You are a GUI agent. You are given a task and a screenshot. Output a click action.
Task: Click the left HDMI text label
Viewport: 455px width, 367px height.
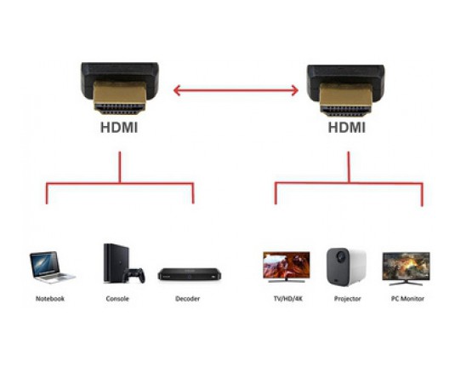(119, 128)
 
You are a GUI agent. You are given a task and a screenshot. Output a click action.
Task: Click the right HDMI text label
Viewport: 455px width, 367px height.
(346, 128)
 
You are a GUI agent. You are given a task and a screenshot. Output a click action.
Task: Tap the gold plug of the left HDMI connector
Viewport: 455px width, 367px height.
(120, 98)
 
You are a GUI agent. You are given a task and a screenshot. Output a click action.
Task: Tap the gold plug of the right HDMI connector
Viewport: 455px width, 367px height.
(346, 100)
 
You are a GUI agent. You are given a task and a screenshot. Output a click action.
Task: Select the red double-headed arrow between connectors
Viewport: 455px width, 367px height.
(236, 90)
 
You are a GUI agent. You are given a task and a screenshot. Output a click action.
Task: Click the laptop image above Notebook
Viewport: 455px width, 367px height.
(52, 267)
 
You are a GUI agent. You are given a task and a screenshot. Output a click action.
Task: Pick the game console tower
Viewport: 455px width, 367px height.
(116, 263)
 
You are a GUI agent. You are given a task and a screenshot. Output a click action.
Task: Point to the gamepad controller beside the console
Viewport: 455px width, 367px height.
(134, 276)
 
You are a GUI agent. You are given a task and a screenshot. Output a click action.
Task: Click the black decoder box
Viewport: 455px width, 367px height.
(189, 274)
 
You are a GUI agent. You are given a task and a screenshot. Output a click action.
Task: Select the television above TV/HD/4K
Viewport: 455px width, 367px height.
(287, 267)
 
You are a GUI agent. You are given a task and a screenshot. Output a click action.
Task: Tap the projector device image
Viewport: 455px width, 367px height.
(346, 267)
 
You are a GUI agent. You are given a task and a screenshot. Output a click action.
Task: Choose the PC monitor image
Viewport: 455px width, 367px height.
(407, 269)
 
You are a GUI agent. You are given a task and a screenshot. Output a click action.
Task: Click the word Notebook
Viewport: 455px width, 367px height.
(50, 298)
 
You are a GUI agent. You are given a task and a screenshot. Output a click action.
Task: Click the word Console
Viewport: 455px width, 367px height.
(117, 298)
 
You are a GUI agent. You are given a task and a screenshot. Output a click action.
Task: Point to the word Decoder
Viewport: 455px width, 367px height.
(187, 298)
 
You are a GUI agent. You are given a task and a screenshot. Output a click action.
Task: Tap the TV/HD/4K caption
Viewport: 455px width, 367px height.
(287, 298)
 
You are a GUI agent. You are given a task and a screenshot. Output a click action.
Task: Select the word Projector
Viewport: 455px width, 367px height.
(347, 298)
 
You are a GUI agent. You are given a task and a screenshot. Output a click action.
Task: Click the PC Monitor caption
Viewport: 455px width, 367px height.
(407, 298)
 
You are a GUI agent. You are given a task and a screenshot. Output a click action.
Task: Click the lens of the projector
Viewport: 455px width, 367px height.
(340, 257)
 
